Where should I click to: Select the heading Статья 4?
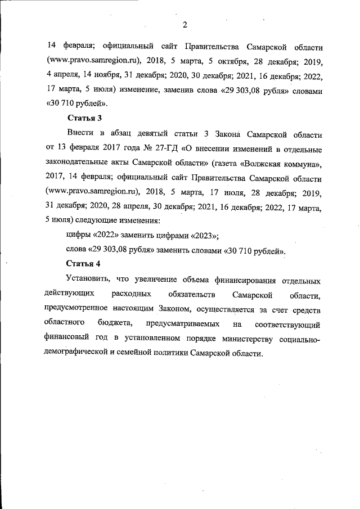click(84, 264)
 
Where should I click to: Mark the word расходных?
click(131, 294)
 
